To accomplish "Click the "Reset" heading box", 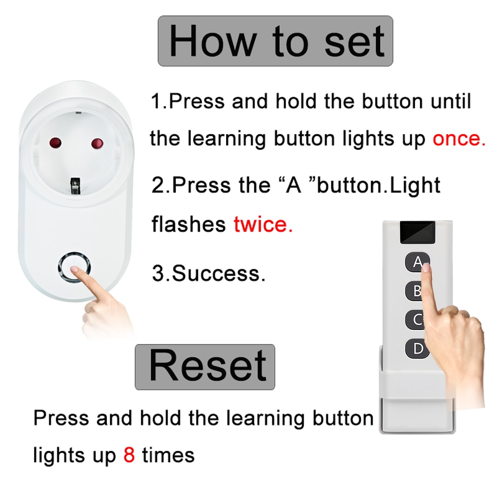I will click(x=205, y=367).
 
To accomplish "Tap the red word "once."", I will click(x=459, y=139).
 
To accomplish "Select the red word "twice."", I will click(x=263, y=225).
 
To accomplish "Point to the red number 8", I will click(x=129, y=455).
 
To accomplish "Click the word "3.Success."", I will click(x=208, y=273).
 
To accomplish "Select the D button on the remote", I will click(x=415, y=349).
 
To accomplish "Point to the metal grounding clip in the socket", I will click(x=76, y=186).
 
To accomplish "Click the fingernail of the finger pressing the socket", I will click(x=76, y=269).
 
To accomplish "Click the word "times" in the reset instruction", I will click(x=168, y=455).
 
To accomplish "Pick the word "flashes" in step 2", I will click(x=188, y=225).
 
